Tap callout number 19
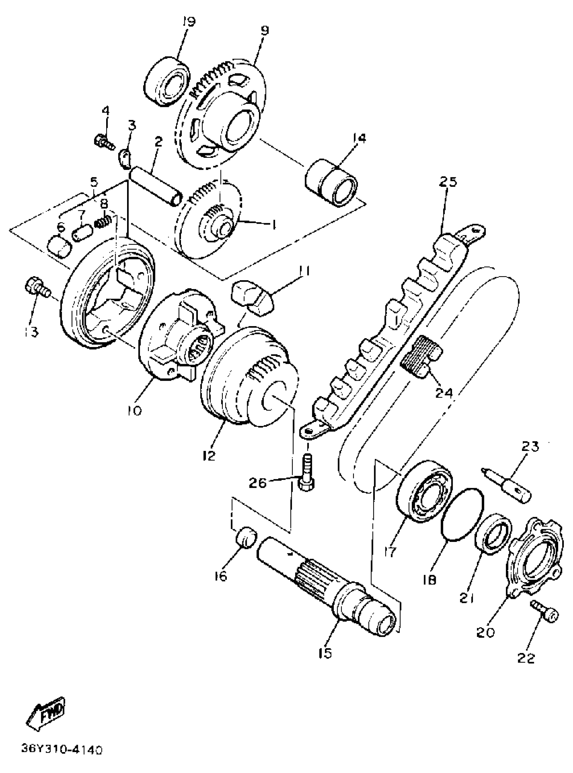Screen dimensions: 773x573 pyautogui.click(x=189, y=22)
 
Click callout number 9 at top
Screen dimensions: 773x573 pyautogui.click(x=264, y=31)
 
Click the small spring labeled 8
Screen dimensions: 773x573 pyautogui.click(x=103, y=222)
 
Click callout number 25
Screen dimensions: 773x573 pyautogui.click(x=448, y=181)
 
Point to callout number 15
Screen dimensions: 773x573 pyautogui.click(x=325, y=653)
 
